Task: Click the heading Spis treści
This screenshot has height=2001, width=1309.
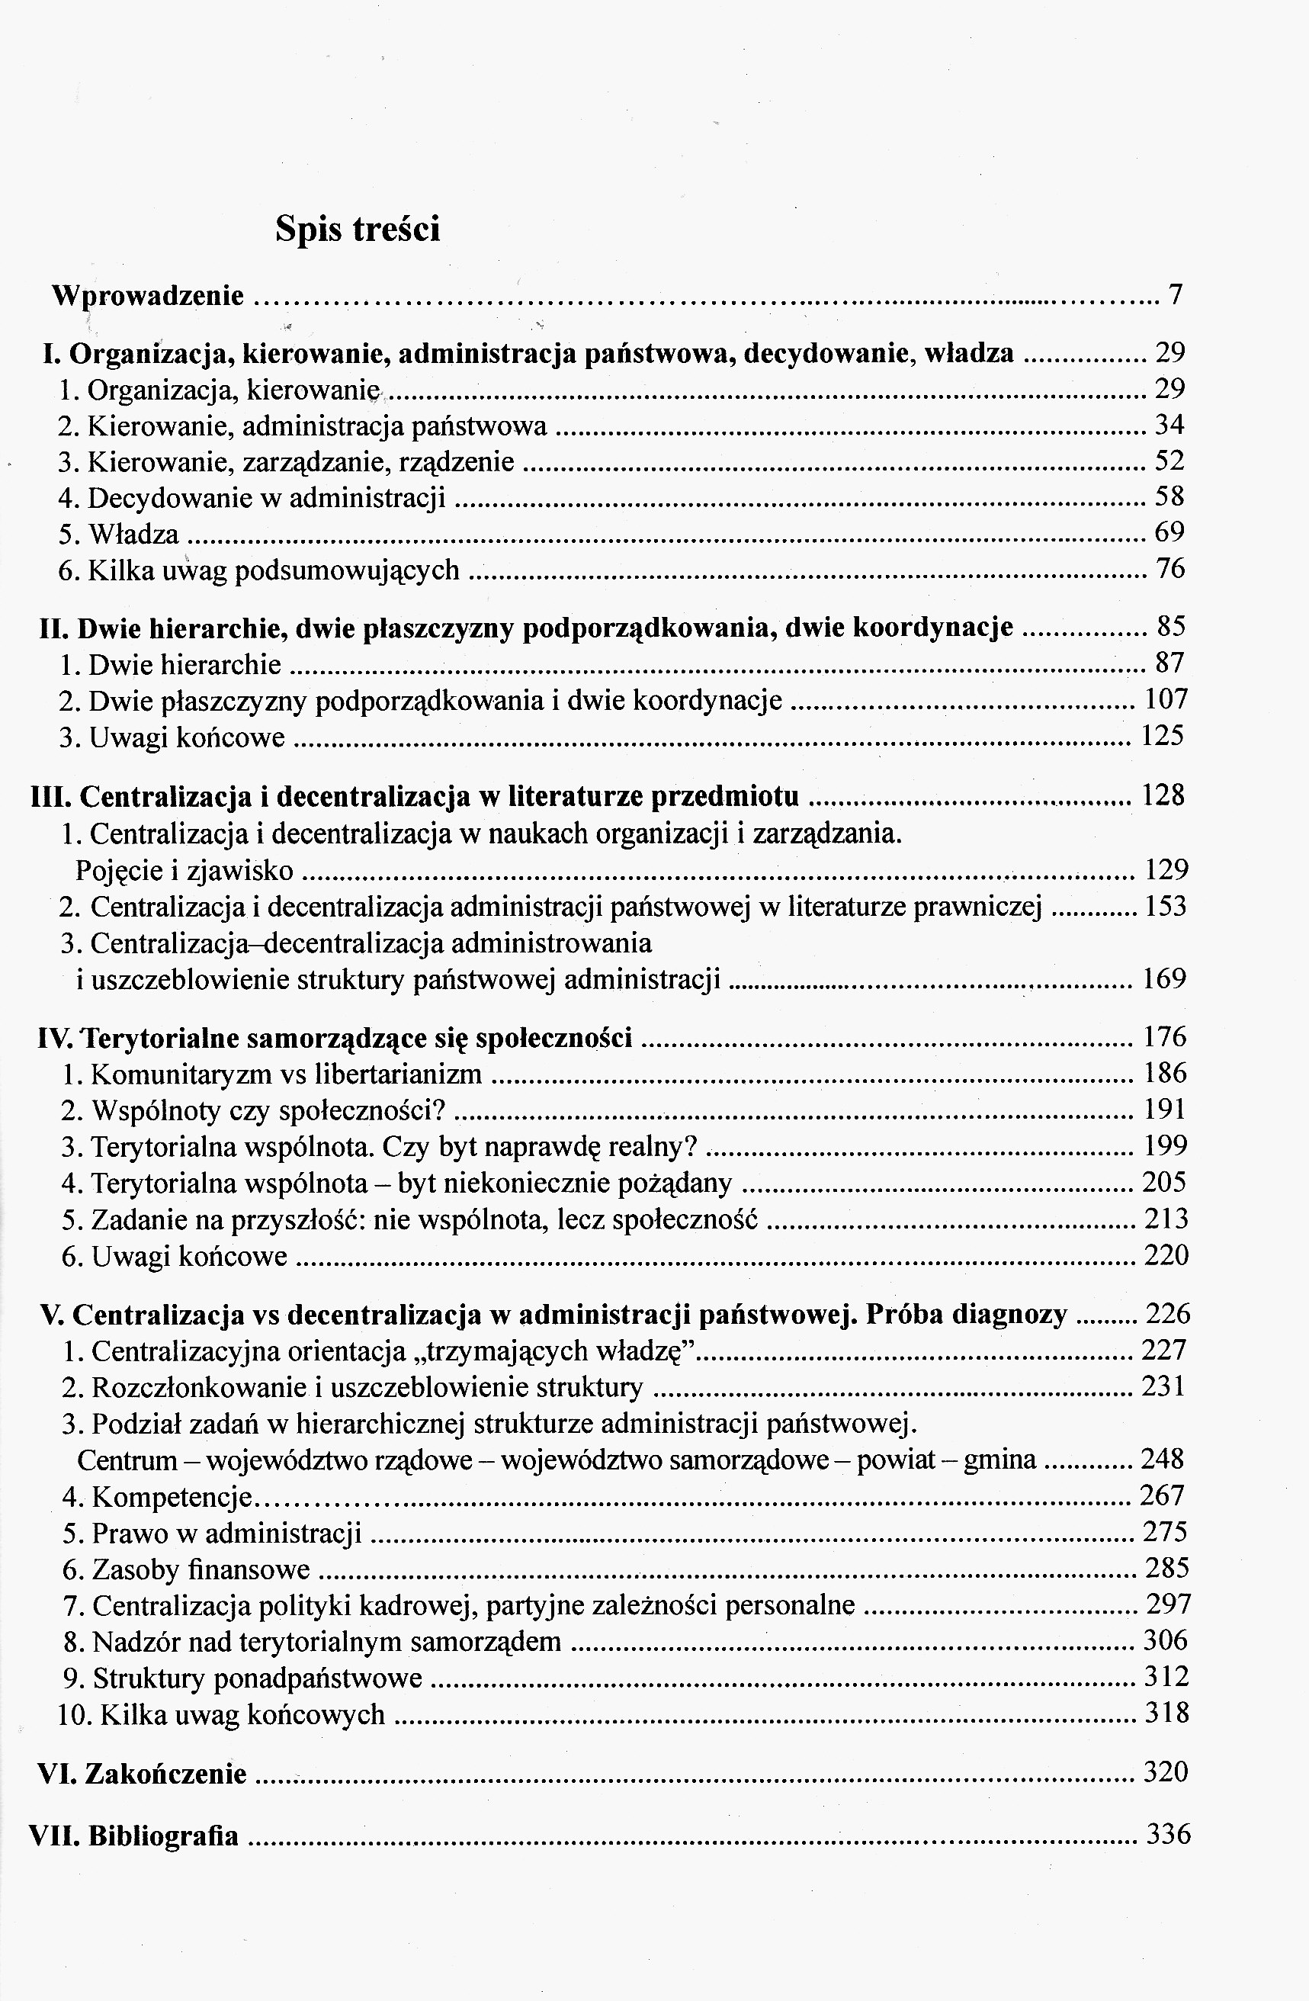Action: coord(358,229)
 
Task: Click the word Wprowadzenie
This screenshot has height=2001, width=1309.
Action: coord(148,295)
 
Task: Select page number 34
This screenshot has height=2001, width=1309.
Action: coord(1169,425)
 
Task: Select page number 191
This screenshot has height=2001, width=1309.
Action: coord(1165,1110)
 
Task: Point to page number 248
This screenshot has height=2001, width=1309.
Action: coord(1163,1459)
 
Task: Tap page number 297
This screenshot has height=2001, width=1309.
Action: coord(1169,1604)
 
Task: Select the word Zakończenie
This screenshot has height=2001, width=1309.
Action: coord(165,1774)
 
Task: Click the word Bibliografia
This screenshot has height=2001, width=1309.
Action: coord(163,1836)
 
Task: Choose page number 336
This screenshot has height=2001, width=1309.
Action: coord(1169,1834)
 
